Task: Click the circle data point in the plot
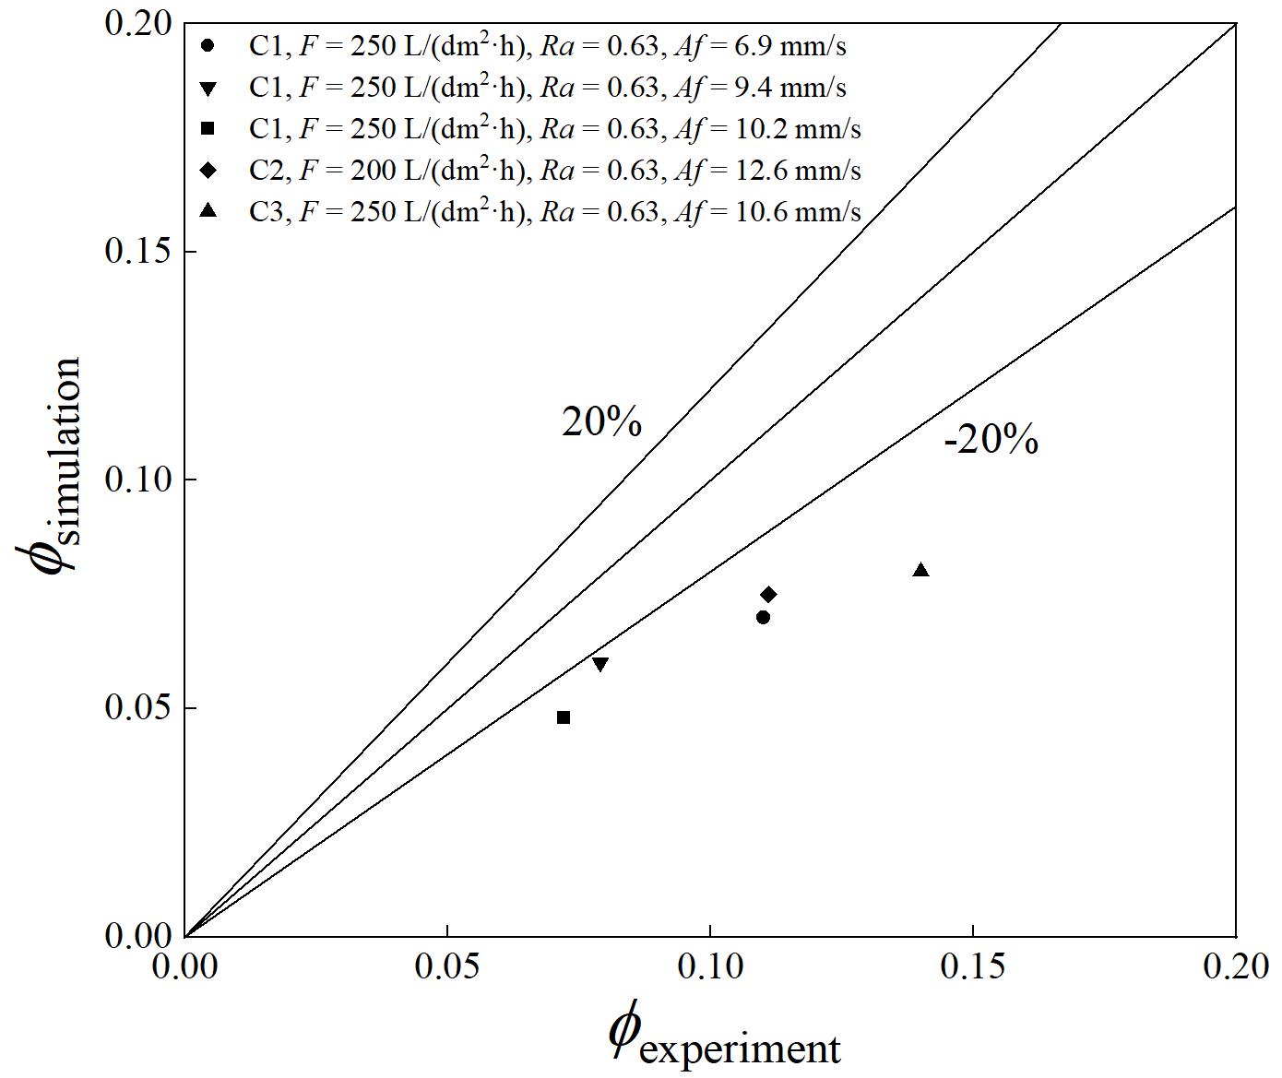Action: (x=763, y=617)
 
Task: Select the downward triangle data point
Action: (x=600, y=664)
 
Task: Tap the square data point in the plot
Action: (x=564, y=717)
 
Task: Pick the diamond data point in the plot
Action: (x=768, y=594)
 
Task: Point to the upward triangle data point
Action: (x=920, y=570)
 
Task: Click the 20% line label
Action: (x=601, y=422)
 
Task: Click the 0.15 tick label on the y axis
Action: (x=138, y=251)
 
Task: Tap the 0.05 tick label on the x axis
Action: (x=447, y=966)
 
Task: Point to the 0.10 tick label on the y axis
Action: (x=138, y=480)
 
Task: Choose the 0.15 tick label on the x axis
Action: (x=973, y=966)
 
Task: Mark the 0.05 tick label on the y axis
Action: (x=138, y=707)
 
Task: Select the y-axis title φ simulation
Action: (x=51, y=466)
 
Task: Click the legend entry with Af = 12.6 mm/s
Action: (x=554, y=171)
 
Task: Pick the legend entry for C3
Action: (x=554, y=212)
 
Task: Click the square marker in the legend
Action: (x=208, y=129)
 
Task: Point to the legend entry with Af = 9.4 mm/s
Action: (x=547, y=88)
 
